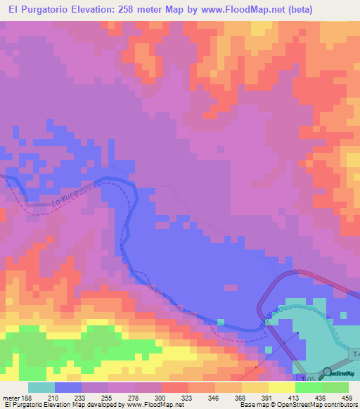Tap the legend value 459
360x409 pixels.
(x=348, y=398)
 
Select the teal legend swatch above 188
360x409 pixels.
(x=41, y=387)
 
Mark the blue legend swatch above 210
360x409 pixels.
(x=68, y=387)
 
